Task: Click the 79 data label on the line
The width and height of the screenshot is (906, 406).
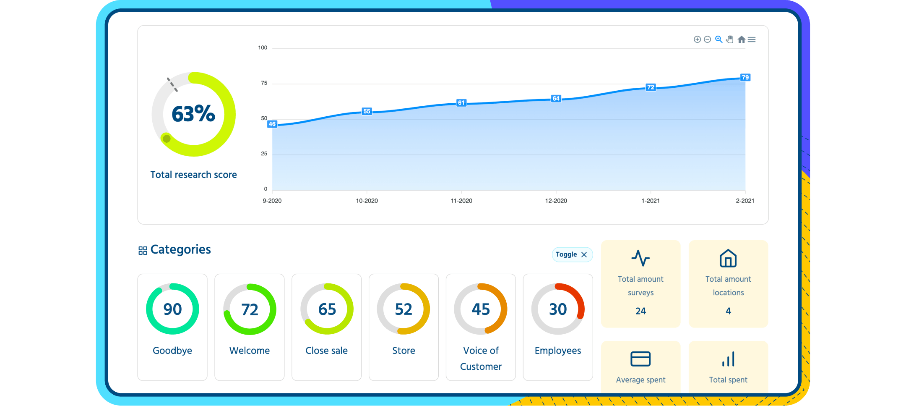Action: click(x=745, y=77)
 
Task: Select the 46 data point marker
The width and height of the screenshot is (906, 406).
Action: click(x=272, y=124)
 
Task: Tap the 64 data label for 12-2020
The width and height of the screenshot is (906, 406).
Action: click(x=556, y=99)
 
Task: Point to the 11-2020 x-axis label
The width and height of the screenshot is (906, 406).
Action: click(x=461, y=201)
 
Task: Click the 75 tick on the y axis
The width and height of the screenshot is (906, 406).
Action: click(x=264, y=83)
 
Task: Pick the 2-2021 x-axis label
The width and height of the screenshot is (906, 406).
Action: click(x=745, y=201)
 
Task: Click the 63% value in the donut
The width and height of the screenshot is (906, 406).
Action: click(x=193, y=114)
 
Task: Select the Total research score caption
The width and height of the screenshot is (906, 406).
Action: click(x=193, y=175)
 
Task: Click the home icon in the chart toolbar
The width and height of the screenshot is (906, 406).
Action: click(x=741, y=39)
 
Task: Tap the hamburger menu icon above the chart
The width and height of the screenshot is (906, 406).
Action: click(x=752, y=39)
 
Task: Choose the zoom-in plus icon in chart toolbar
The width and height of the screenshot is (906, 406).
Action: click(x=697, y=39)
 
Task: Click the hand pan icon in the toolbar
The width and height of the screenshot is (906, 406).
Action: click(x=730, y=39)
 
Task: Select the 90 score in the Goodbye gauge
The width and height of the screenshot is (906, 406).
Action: click(x=172, y=309)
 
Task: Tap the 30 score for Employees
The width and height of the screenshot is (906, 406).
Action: click(x=558, y=309)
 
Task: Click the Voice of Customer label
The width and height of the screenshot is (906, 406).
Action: click(x=481, y=358)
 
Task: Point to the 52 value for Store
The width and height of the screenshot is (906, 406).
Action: click(x=404, y=309)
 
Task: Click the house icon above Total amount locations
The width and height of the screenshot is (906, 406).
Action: click(x=728, y=258)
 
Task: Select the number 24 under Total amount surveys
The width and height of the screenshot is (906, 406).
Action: click(x=640, y=311)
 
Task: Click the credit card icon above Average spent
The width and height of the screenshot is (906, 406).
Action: click(x=640, y=359)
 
